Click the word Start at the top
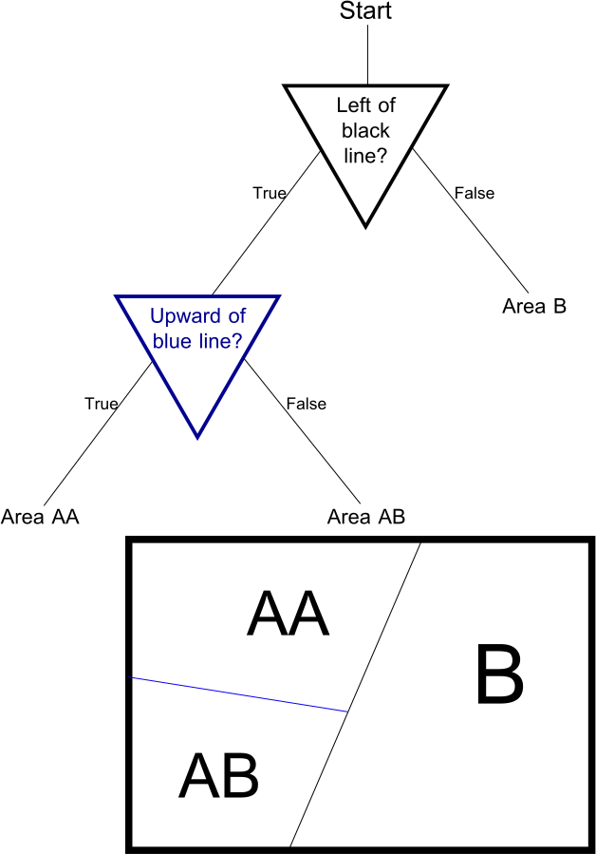365,11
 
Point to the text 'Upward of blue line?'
196,328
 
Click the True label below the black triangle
269,193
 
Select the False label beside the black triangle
475,193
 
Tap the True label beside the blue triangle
101,403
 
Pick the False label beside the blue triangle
306,403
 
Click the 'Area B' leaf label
534,306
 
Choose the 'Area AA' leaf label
39,518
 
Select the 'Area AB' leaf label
365,518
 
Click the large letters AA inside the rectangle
287,615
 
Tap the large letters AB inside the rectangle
218,776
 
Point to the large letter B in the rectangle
499,675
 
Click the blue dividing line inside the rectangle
237,694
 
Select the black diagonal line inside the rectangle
384,627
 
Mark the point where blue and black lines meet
349,712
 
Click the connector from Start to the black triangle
366,53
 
